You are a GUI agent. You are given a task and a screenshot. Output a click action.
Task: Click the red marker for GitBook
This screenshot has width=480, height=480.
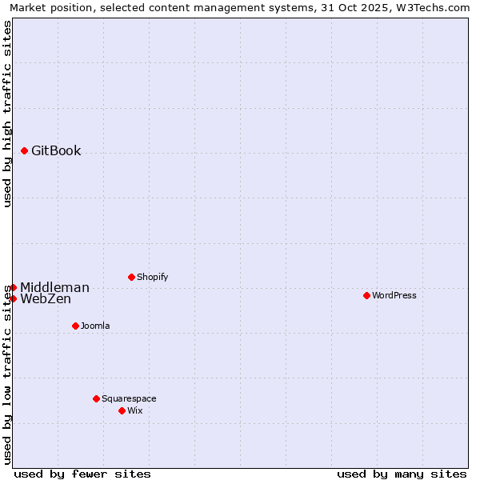tap(25, 150)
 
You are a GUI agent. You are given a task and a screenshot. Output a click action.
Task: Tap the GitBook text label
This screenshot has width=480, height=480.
tap(56, 151)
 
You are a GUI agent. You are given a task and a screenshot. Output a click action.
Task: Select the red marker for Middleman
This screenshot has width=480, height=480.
tap(13, 287)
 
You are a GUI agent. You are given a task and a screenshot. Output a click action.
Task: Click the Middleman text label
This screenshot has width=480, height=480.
tap(54, 288)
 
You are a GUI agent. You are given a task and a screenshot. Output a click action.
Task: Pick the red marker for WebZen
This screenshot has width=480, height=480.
tap(13, 298)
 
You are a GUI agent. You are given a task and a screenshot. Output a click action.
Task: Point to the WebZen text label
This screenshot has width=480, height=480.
tap(46, 299)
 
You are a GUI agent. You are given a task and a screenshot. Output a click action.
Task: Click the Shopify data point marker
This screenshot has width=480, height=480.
tap(131, 277)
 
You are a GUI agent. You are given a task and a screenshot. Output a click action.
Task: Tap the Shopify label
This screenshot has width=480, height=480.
tap(152, 278)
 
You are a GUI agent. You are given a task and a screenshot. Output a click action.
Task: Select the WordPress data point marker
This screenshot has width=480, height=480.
tap(366, 295)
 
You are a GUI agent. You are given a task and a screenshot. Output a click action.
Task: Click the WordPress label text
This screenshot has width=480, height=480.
tap(394, 296)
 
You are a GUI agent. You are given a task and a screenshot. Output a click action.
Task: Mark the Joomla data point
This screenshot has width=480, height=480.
tap(75, 326)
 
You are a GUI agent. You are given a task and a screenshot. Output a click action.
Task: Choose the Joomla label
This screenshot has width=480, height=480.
tap(95, 326)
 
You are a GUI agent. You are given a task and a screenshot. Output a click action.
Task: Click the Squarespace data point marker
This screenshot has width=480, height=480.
tap(96, 398)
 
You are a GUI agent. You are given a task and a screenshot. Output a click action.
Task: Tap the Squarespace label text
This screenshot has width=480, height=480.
tap(129, 399)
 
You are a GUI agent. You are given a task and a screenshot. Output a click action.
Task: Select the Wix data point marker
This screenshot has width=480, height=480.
tap(122, 410)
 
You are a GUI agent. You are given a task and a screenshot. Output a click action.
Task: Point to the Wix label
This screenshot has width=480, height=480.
tap(134, 411)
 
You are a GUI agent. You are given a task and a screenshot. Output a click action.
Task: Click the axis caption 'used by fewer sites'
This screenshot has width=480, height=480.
tap(82, 474)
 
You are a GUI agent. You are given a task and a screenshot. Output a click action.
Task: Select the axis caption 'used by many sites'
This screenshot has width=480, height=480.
tap(402, 474)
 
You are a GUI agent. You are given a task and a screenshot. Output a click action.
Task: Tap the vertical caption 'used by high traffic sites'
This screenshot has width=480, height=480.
tap(7, 114)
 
